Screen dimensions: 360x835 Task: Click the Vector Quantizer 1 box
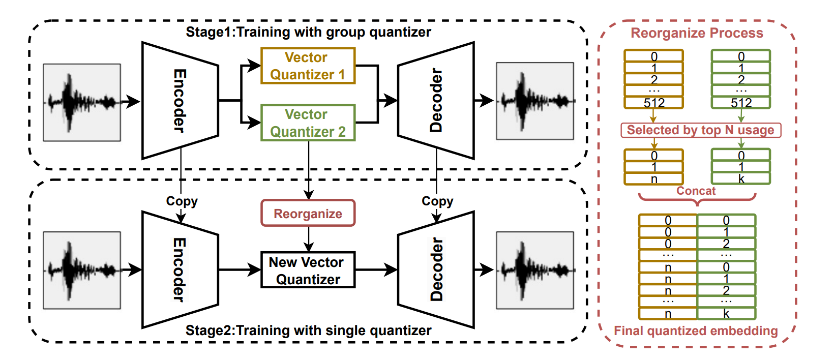point(308,66)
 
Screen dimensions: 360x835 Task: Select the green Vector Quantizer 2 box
point(308,123)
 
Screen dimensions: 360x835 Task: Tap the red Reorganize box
point(308,214)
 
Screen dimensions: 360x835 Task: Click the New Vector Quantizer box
point(308,271)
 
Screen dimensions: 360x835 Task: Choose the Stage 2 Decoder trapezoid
point(436,269)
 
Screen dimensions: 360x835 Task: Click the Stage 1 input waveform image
point(82,102)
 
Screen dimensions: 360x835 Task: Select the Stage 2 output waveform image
point(535,271)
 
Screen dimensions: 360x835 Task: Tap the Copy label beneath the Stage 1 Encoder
point(182,201)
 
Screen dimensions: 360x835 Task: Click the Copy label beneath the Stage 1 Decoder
point(437,201)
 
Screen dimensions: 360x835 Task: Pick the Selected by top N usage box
point(700,130)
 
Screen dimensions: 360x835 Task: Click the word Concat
point(696,191)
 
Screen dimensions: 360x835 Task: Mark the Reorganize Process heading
point(697,33)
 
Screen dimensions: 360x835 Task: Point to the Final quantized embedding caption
point(696,331)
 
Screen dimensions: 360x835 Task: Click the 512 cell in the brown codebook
point(654,103)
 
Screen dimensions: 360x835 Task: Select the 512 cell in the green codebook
point(741,103)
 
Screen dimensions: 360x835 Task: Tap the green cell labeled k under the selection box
point(741,179)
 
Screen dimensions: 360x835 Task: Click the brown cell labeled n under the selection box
point(654,179)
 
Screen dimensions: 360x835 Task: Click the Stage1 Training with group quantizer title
point(308,32)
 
